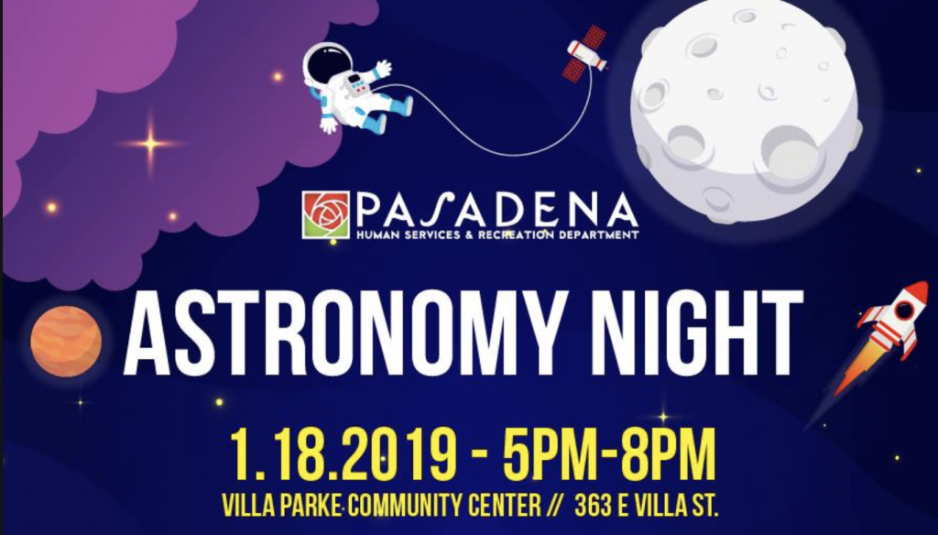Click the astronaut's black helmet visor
tap(328, 65)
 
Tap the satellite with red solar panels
tap(585, 53)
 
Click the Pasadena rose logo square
tap(325, 215)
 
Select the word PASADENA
tap(497, 210)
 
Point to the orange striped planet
tap(66, 341)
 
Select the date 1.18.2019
tap(344, 453)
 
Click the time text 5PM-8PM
tap(609, 453)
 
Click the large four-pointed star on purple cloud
tap(150, 144)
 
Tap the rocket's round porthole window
tap(903, 310)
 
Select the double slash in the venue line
tap(554, 507)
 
